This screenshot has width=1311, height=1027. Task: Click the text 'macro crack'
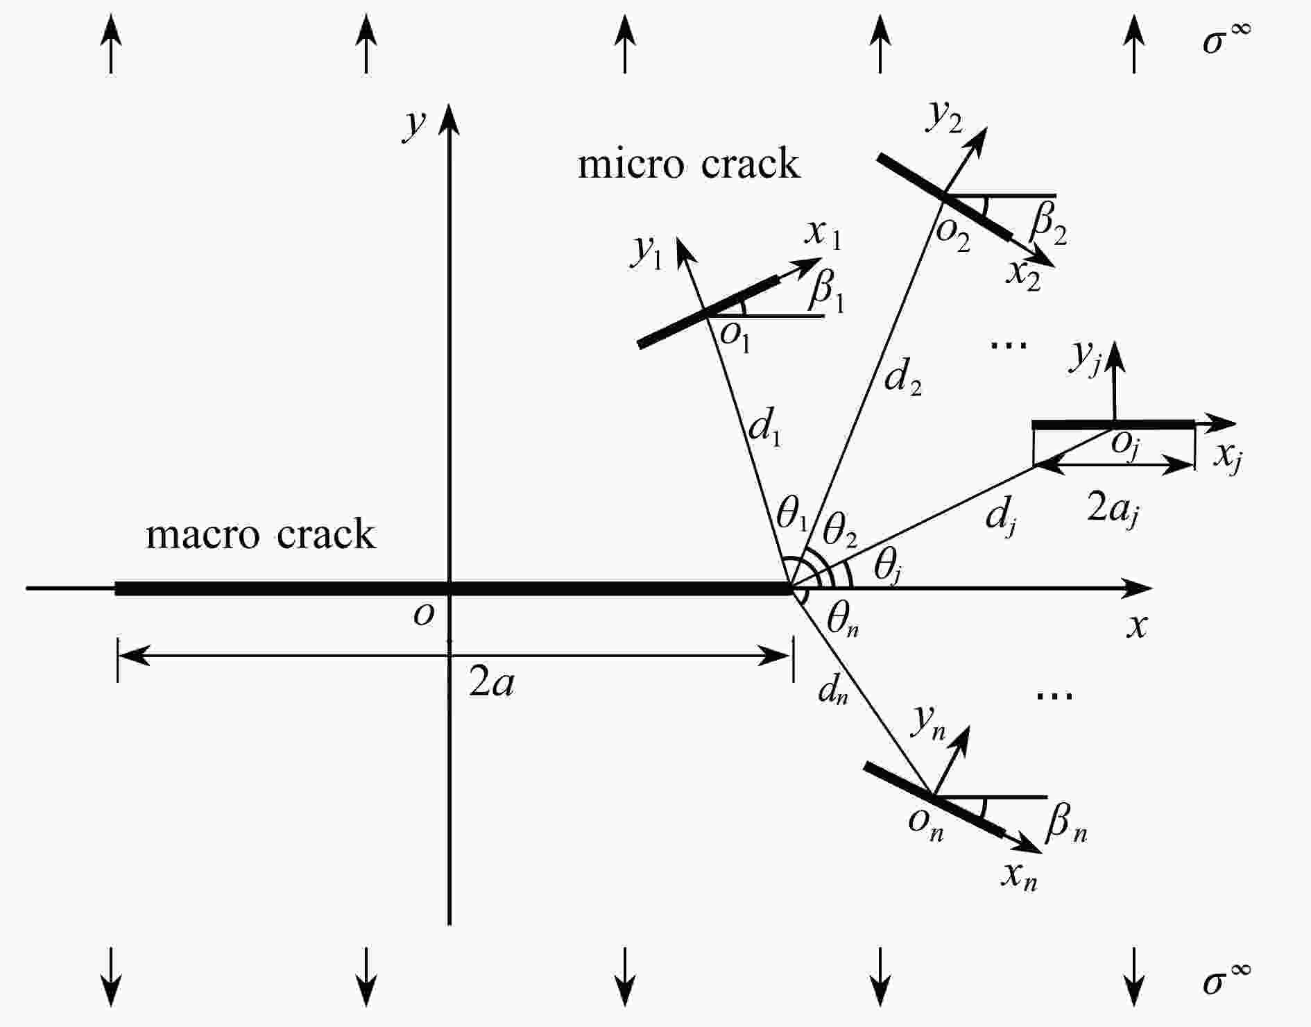coord(260,535)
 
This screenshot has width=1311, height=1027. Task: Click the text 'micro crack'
coord(688,164)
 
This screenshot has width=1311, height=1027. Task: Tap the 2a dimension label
coord(491,684)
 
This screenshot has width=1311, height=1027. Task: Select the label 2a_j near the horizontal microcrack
coord(1113,511)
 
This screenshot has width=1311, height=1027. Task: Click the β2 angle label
coord(1048,226)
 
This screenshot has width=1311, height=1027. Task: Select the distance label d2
coord(903,379)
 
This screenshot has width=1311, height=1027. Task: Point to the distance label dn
coord(832,690)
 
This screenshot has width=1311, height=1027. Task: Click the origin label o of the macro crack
coord(423,613)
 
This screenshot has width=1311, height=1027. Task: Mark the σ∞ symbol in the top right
coord(1226,38)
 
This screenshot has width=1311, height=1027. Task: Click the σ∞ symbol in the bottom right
coord(1226,982)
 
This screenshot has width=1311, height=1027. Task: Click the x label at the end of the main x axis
coord(1136,627)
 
